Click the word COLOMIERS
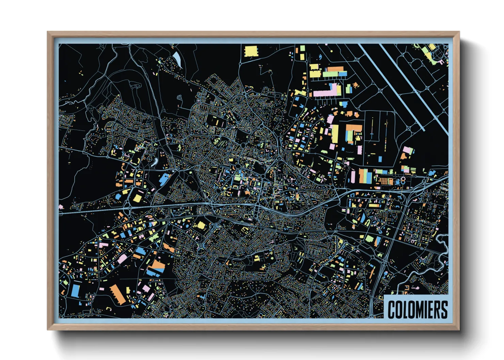(418, 309)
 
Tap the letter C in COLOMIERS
(392, 309)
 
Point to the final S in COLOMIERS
(444, 309)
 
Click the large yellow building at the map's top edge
(251, 51)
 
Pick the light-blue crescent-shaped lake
(177, 58)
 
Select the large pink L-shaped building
(327, 91)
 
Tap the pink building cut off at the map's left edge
(61, 207)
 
